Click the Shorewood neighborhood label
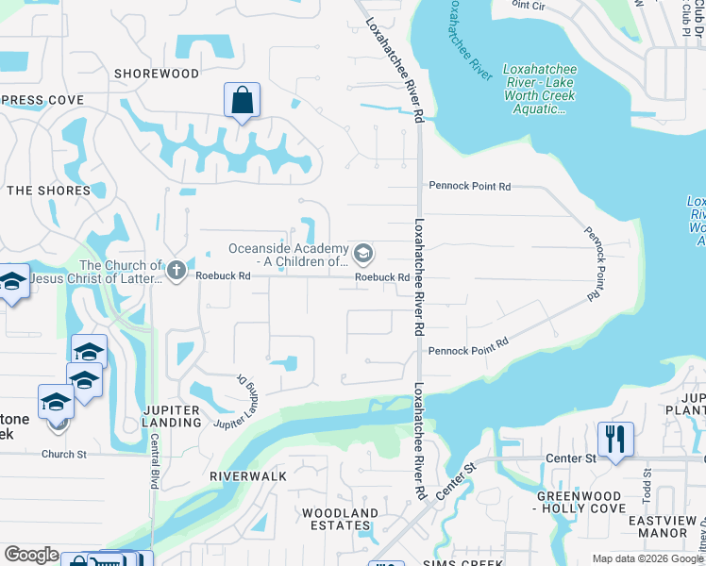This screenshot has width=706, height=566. click(157, 74)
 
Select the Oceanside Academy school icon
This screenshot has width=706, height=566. click(362, 254)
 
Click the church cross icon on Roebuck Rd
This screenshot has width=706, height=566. click(175, 271)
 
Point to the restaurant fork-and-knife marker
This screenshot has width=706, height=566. click(614, 440)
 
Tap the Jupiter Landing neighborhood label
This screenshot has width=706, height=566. click(172, 416)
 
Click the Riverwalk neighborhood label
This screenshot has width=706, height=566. click(248, 476)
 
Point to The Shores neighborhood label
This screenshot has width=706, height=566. click(49, 191)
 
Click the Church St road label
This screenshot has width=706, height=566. click(64, 454)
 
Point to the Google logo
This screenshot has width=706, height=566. click(31, 555)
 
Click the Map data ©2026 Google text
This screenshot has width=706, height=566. click(647, 559)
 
